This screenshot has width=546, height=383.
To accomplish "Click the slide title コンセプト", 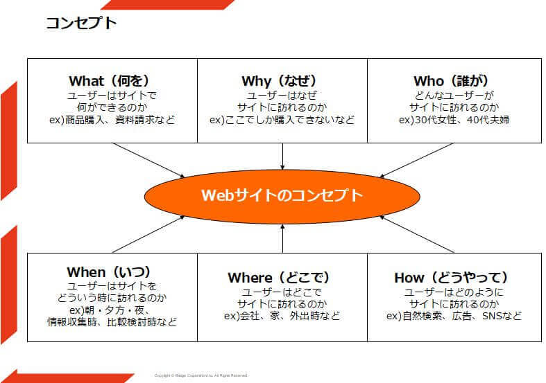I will (x=81, y=23).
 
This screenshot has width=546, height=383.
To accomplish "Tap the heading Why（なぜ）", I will (x=282, y=81).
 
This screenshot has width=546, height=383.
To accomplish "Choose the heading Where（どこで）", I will (x=282, y=278).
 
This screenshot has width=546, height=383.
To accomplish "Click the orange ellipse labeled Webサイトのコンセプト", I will (x=282, y=195).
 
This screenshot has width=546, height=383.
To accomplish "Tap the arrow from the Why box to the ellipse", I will (x=282, y=156).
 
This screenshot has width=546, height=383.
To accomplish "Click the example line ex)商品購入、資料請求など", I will (x=111, y=120).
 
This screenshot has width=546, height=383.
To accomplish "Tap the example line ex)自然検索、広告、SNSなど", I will (x=453, y=316).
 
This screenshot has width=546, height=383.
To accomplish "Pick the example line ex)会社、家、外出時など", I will (x=282, y=316).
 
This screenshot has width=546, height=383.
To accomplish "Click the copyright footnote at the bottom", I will (x=201, y=375).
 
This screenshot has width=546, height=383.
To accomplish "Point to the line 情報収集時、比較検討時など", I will (x=112, y=321).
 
